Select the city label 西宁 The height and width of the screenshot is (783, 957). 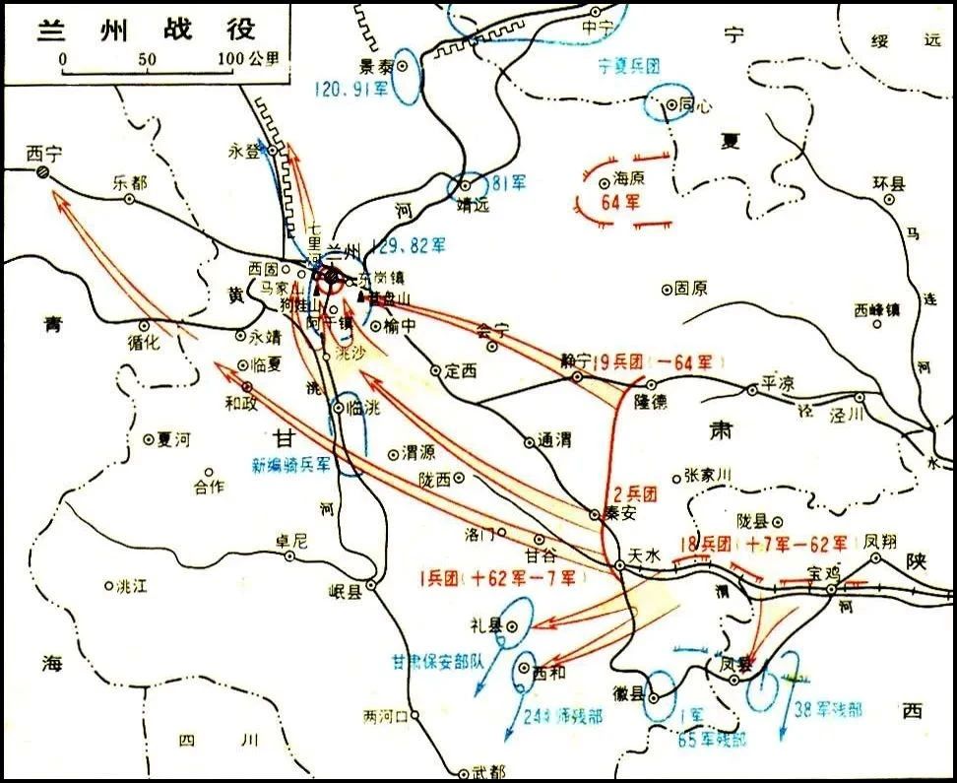pyautogui.click(x=44, y=154)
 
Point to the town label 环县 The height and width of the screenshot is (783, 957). pyautogui.click(x=888, y=184)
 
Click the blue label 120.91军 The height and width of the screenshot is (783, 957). pyautogui.click(x=351, y=88)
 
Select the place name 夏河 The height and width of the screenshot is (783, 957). pyautogui.click(x=174, y=440)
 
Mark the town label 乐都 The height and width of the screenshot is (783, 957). pyautogui.click(x=129, y=182)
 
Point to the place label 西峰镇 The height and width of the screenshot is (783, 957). pyautogui.click(x=877, y=309)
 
